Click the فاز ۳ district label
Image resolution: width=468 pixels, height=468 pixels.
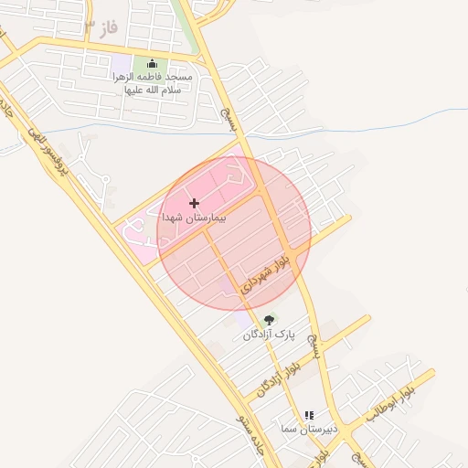(101, 27)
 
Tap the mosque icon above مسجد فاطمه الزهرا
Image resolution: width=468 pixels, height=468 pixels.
(152, 64)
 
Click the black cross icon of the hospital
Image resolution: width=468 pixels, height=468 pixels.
(194, 203)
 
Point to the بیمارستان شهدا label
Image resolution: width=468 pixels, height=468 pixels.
(194, 219)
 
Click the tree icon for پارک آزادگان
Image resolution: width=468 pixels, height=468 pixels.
(269, 320)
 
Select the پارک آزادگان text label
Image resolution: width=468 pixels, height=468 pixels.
(269, 335)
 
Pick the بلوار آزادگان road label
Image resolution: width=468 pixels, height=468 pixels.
(279, 375)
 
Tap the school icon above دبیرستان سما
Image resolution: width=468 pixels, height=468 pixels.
(308, 414)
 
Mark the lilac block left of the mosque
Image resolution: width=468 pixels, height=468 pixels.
(121, 66)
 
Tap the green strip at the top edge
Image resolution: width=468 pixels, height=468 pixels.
(186, 23)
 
